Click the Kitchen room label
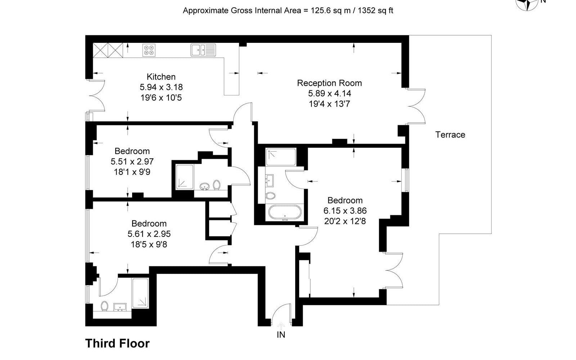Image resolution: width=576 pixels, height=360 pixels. (x=161, y=77)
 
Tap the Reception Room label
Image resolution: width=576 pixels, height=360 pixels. (x=329, y=83)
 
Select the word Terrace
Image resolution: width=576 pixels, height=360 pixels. (x=450, y=135)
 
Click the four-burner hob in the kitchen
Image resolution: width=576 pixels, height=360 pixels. (x=149, y=50)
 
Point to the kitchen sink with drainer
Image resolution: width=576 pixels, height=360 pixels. (x=203, y=50)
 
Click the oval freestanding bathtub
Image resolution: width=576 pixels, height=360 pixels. (x=285, y=212)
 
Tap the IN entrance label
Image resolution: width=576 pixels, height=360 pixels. (x=281, y=335)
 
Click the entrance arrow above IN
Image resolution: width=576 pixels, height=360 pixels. (x=281, y=326)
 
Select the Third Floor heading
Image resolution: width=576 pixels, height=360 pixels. (x=117, y=343)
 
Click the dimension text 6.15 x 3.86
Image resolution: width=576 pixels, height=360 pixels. (x=345, y=211)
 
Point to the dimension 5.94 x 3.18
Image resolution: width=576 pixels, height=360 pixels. (x=161, y=87)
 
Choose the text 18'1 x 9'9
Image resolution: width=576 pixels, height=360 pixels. (x=132, y=172)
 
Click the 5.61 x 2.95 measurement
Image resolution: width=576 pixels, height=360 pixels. (x=149, y=234)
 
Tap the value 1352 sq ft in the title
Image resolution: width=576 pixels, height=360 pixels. (x=375, y=10)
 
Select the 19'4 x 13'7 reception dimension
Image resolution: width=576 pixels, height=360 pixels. (x=329, y=104)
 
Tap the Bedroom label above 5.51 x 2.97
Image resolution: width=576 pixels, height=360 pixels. (x=132, y=151)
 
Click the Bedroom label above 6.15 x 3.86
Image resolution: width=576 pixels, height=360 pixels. (x=345, y=200)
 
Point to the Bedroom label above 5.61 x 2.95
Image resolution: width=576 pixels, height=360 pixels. (x=149, y=224)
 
